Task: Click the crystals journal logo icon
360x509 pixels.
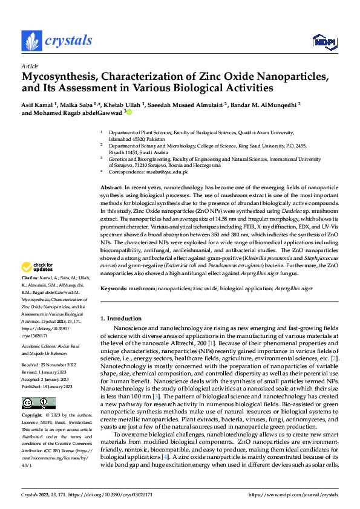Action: [30, 41]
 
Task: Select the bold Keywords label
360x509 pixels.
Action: [113, 289]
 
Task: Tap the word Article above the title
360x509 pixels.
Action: [30, 65]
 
